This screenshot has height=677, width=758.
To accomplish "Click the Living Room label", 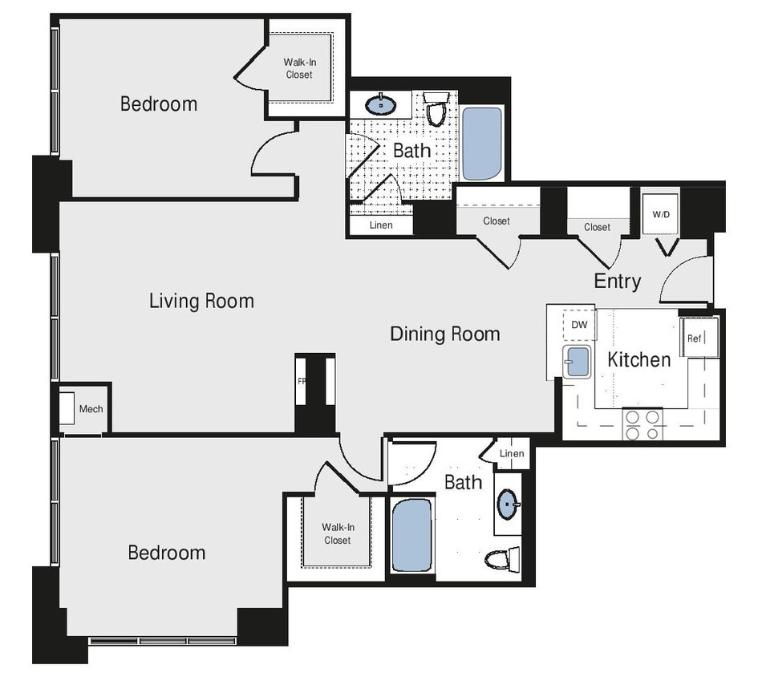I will tap(201, 301).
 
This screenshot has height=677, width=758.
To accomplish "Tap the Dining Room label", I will tap(444, 334).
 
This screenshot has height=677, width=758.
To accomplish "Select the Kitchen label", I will tap(638, 359).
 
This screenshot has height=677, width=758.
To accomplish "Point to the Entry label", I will tap(617, 282).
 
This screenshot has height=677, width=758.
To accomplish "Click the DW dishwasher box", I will tap(579, 324).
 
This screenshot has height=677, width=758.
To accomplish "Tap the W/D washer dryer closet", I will tap(661, 214).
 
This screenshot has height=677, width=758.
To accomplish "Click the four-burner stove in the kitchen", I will tap(643, 424).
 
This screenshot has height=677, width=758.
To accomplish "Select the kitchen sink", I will tap(576, 362).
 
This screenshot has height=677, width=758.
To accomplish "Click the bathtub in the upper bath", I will tap(482, 143).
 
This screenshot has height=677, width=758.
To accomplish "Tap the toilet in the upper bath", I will tap(436, 110).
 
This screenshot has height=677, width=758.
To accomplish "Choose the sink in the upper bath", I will tap(379, 104).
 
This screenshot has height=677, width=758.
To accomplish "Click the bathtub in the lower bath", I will tap(411, 535).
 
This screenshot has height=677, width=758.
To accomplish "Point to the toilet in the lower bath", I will tap(503, 557).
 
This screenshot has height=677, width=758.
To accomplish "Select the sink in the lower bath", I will tap(508, 505).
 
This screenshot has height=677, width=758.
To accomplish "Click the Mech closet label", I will tap(91, 409).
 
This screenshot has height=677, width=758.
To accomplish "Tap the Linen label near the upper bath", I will tap(381, 225).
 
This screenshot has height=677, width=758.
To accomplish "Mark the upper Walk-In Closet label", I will tap(298, 68).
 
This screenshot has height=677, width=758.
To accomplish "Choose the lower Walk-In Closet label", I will tap(337, 533).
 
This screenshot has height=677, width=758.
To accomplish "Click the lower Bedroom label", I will tap(167, 553).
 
